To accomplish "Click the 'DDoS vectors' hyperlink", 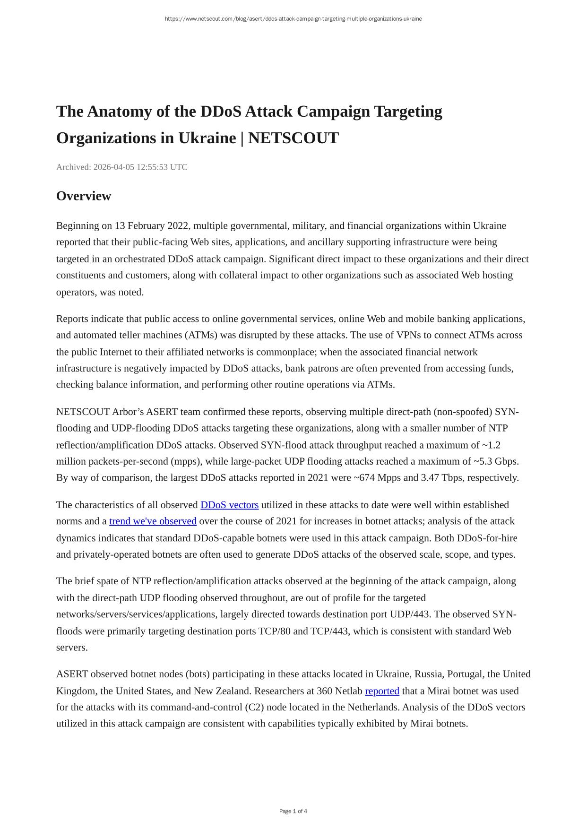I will pos(229,505).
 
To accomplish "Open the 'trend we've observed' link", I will pos(153,521).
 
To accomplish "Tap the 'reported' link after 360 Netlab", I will pos(382,691).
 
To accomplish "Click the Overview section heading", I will pos(84,196).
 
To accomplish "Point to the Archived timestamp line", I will pos(122,167).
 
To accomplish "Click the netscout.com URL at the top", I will pos(293,19).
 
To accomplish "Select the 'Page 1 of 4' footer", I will pos(293,811).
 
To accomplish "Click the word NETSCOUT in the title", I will pos(293,138).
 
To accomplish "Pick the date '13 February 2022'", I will pos(151,225).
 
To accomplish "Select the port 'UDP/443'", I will pos(409,614).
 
